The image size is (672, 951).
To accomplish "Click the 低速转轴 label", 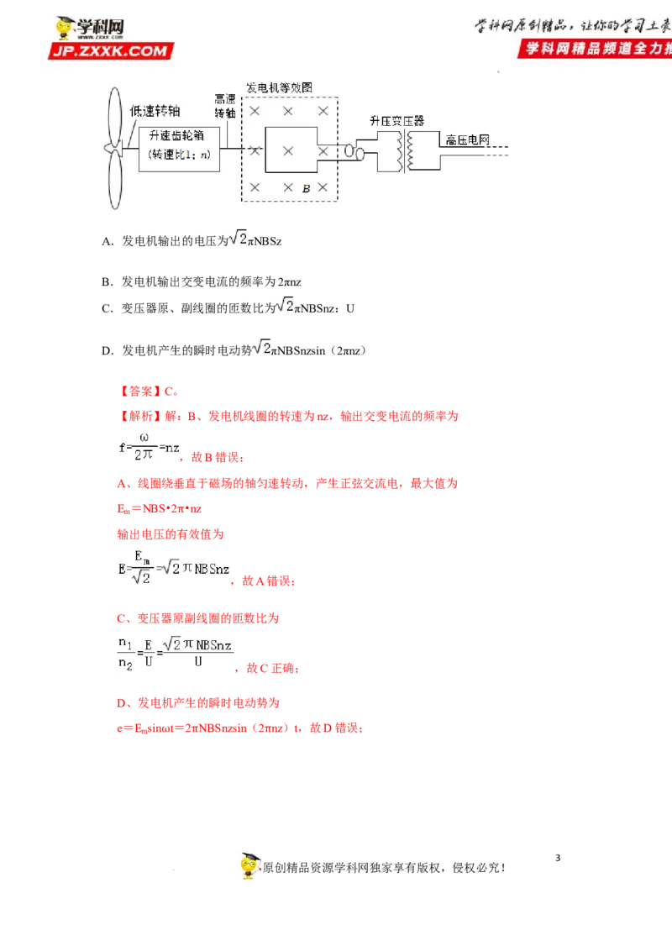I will coord(155,110).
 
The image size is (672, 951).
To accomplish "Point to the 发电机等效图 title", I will coord(279,87).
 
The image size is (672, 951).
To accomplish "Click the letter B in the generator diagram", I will coord(307,189).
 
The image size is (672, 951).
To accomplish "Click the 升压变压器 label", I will coord(396,121).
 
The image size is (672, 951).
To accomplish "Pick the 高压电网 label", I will coord(467,140).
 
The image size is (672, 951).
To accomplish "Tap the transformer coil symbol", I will coord(401,152).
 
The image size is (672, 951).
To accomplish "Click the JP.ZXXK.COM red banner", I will coord(110,51).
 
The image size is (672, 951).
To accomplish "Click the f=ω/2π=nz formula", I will coord(148,447).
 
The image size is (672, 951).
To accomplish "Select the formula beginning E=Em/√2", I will coord(173,568).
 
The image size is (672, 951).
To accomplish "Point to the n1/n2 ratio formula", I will coord(175,654).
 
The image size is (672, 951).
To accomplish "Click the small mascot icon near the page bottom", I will coord(249,864).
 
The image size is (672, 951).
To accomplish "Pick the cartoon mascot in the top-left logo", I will coord(65,28).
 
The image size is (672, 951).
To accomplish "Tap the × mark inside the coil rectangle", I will coord(288,150).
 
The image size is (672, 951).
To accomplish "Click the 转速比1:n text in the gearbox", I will coord(178,155).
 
